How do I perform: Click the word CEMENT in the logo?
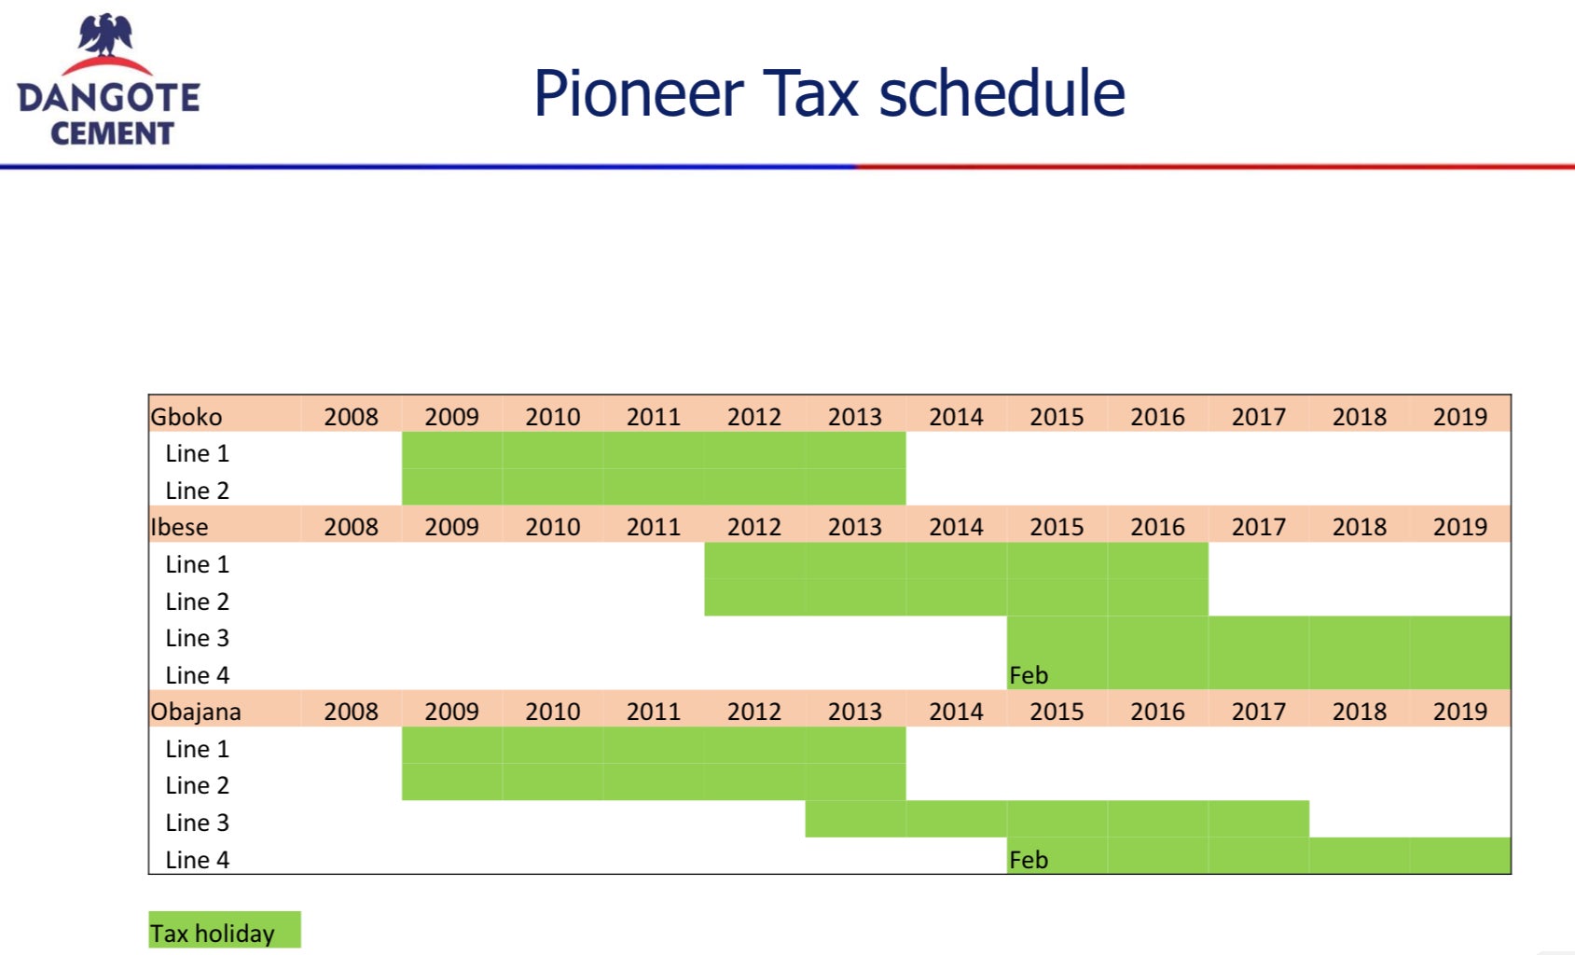[x=113, y=133]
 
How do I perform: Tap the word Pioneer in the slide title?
[x=639, y=93]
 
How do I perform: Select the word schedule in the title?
[x=1002, y=93]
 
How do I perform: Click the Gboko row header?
[x=187, y=416]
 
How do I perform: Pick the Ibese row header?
[x=179, y=527]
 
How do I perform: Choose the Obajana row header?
[x=196, y=711]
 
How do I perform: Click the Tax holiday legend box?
[x=225, y=930]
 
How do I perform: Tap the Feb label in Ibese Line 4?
[x=1029, y=675]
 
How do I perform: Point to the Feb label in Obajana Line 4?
[x=1029, y=859]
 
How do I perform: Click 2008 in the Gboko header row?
[x=351, y=416]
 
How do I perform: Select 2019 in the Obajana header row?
[x=1460, y=711]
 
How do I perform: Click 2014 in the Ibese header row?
[x=956, y=527]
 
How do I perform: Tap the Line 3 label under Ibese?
[x=198, y=638]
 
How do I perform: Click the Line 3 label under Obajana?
[x=198, y=822]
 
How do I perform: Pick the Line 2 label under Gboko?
[x=198, y=491]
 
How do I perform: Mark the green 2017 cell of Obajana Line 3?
[x=1259, y=819]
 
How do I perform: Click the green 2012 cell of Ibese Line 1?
[x=754, y=561]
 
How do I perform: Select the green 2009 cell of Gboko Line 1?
[x=452, y=450]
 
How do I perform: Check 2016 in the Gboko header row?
[x=1158, y=416]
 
